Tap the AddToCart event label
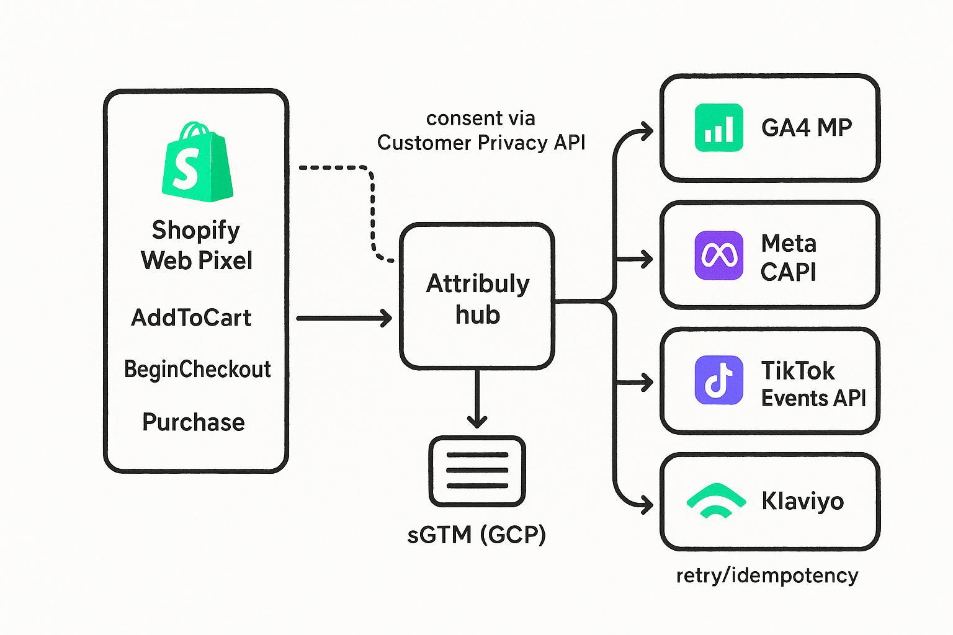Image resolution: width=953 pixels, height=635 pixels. pos(191,318)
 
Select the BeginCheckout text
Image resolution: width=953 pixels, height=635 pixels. pos(197,370)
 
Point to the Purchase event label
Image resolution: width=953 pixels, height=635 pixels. pos(194,422)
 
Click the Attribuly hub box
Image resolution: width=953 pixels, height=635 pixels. pos(477,298)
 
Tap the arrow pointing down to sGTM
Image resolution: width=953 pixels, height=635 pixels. pos(476,400)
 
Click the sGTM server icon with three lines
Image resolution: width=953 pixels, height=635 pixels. pos(476,471)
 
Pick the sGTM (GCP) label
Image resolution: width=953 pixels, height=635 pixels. pos(476,534)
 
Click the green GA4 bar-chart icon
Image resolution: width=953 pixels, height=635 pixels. pos(719,128)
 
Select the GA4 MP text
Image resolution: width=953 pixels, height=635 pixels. pos(807,128)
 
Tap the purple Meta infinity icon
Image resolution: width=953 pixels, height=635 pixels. pos(719,255)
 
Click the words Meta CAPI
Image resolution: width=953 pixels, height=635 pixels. pos(789,257)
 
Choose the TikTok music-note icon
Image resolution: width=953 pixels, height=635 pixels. pos(719,380)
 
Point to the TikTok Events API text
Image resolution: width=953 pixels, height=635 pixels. pos(813,384)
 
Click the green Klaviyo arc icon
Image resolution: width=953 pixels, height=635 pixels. pos(717,500)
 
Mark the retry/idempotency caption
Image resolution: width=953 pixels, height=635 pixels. pos(767,575)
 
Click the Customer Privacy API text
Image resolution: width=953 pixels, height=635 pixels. pos(481,143)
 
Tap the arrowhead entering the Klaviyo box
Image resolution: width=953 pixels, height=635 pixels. pos(647,504)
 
